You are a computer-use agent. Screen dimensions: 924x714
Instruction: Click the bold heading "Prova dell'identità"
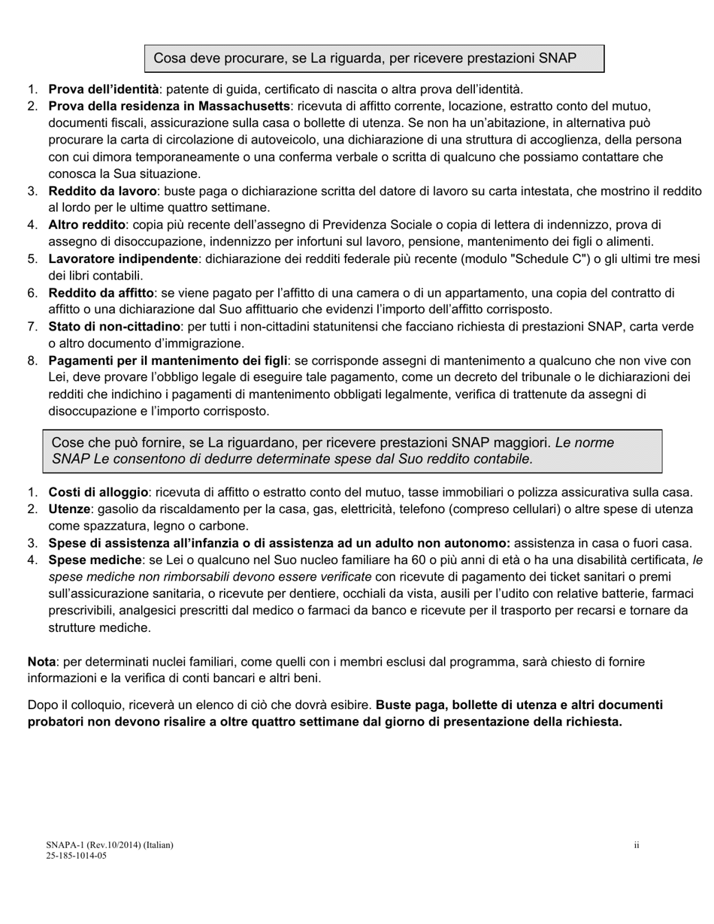tap(104, 89)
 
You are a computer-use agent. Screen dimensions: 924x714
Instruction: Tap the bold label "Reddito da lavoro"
tap(103, 191)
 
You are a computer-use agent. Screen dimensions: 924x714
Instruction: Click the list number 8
tap(32, 361)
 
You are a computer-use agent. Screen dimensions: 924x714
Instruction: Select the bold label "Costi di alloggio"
tap(98, 493)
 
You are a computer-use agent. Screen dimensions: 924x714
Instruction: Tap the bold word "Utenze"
tap(71, 509)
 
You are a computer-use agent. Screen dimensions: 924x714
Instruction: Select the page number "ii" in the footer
tap(636, 845)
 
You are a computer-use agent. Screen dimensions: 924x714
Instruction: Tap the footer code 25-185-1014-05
tap(76, 856)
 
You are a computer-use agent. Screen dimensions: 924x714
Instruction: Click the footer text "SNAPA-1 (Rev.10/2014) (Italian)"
tap(109, 845)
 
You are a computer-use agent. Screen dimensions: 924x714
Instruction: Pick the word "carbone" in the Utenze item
tap(225, 526)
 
